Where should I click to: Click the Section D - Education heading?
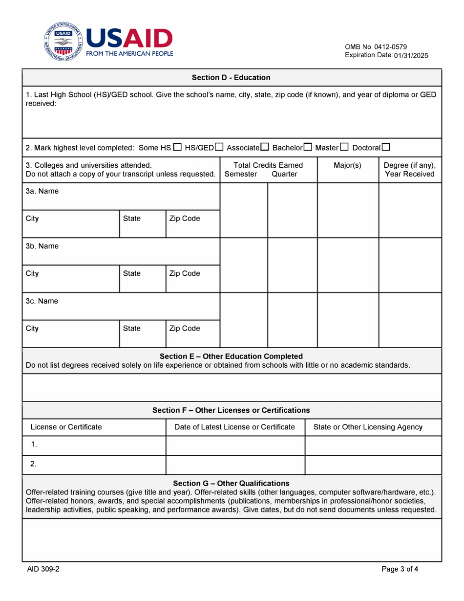231,77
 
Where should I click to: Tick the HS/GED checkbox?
219,147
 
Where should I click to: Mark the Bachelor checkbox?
308,147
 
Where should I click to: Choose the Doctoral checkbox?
386,147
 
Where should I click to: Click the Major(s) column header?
347,165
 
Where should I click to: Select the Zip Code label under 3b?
184,274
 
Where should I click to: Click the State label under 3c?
132,329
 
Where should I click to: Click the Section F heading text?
231,410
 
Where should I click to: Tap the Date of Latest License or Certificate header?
235,427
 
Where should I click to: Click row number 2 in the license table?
33,464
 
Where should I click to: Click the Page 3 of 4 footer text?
400,569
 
